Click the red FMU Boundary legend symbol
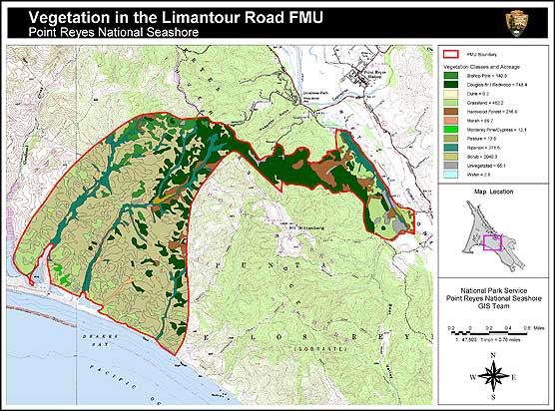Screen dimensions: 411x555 (452, 53)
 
